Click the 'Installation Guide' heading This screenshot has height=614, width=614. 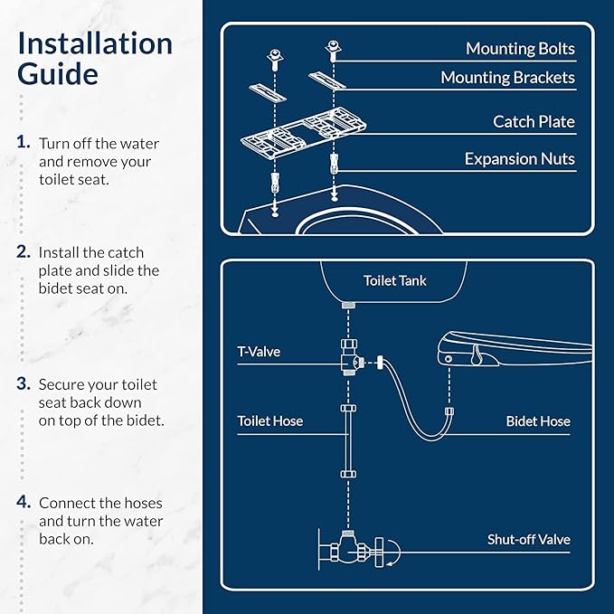[95, 59]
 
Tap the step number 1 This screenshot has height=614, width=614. [24, 142]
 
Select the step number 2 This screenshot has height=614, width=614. [24, 251]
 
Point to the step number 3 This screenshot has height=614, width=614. [24, 383]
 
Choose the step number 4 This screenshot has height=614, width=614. [24, 502]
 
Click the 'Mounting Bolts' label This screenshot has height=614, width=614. [520, 49]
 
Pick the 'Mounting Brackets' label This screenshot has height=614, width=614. [507, 78]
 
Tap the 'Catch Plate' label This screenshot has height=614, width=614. [534, 121]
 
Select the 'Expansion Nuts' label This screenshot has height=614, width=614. [520, 159]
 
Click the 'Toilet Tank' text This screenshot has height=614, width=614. [394, 280]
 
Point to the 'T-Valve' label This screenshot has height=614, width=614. [259, 351]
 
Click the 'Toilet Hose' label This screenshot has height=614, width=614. [270, 421]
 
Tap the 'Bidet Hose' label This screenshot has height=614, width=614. [538, 421]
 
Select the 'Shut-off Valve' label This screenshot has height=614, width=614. [529, 540]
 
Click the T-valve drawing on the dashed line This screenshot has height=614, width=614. [351, 357]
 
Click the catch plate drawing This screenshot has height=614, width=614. [304, 132]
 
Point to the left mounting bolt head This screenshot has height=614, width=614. [275, 55]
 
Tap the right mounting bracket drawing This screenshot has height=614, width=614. [327, 80]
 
